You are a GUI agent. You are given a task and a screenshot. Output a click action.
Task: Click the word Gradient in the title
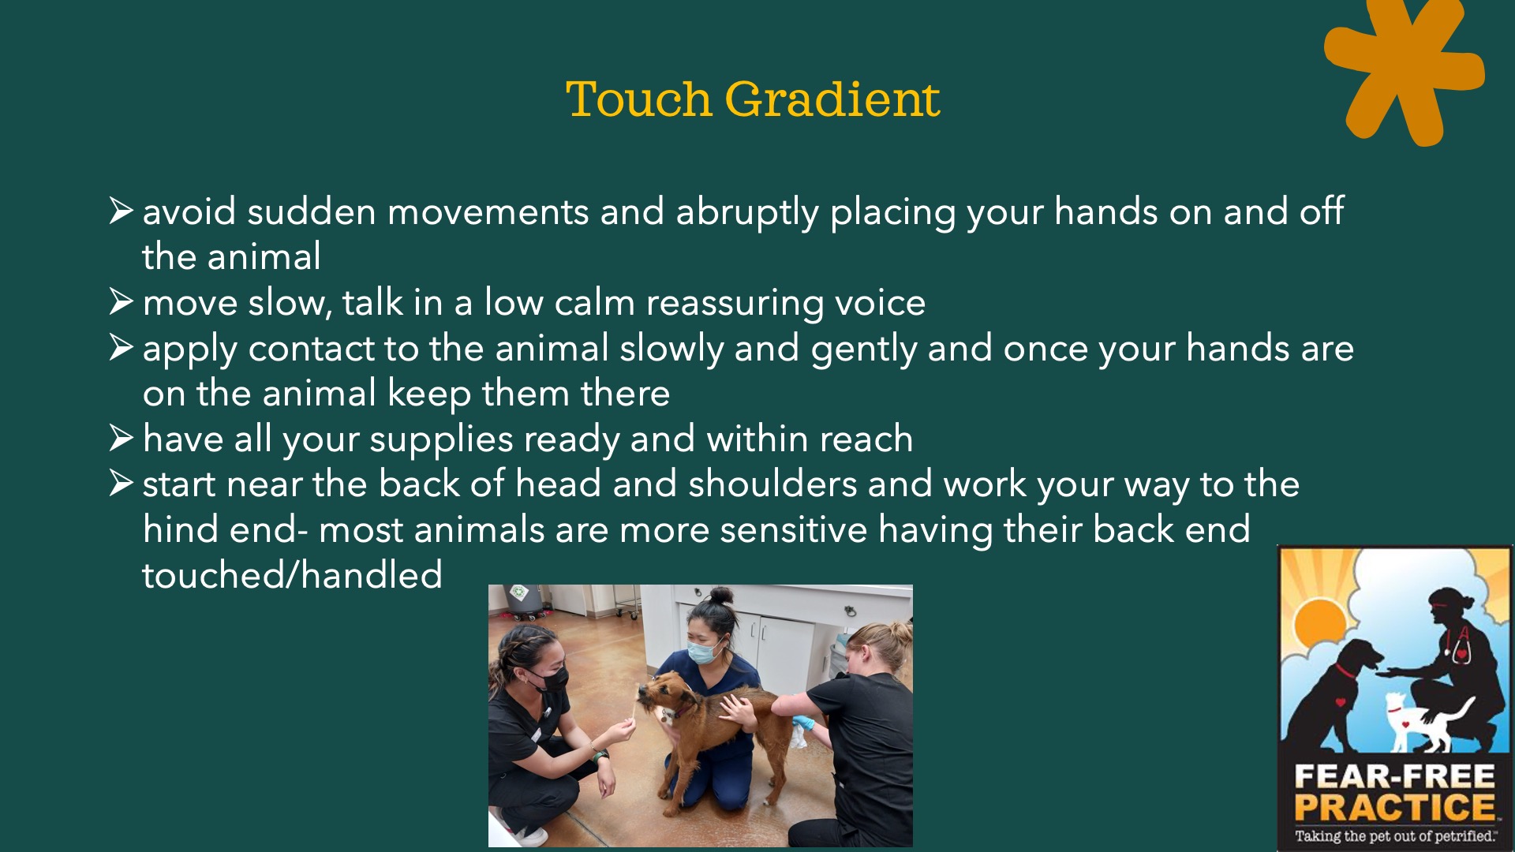pos(832,100)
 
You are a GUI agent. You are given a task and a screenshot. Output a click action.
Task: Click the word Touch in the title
pos(638,99)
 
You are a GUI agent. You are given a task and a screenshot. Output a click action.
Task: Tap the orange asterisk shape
pos(1405,71)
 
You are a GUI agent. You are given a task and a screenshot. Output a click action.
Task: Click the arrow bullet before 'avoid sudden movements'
pos(122,210)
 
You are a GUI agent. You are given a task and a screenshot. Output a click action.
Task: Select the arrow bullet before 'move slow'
pos(122,301)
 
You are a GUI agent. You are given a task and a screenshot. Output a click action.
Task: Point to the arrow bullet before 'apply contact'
pos(122,347)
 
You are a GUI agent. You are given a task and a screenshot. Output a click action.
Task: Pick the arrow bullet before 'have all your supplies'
pos(122,438)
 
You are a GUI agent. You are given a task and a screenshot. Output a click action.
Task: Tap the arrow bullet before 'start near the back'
pos(122,483)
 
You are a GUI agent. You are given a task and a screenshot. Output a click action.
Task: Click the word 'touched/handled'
pos(292,575)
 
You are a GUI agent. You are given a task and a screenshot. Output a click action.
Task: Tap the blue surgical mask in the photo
pos(703,652)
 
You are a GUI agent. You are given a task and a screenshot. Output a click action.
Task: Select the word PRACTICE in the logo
pos(1394,808)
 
